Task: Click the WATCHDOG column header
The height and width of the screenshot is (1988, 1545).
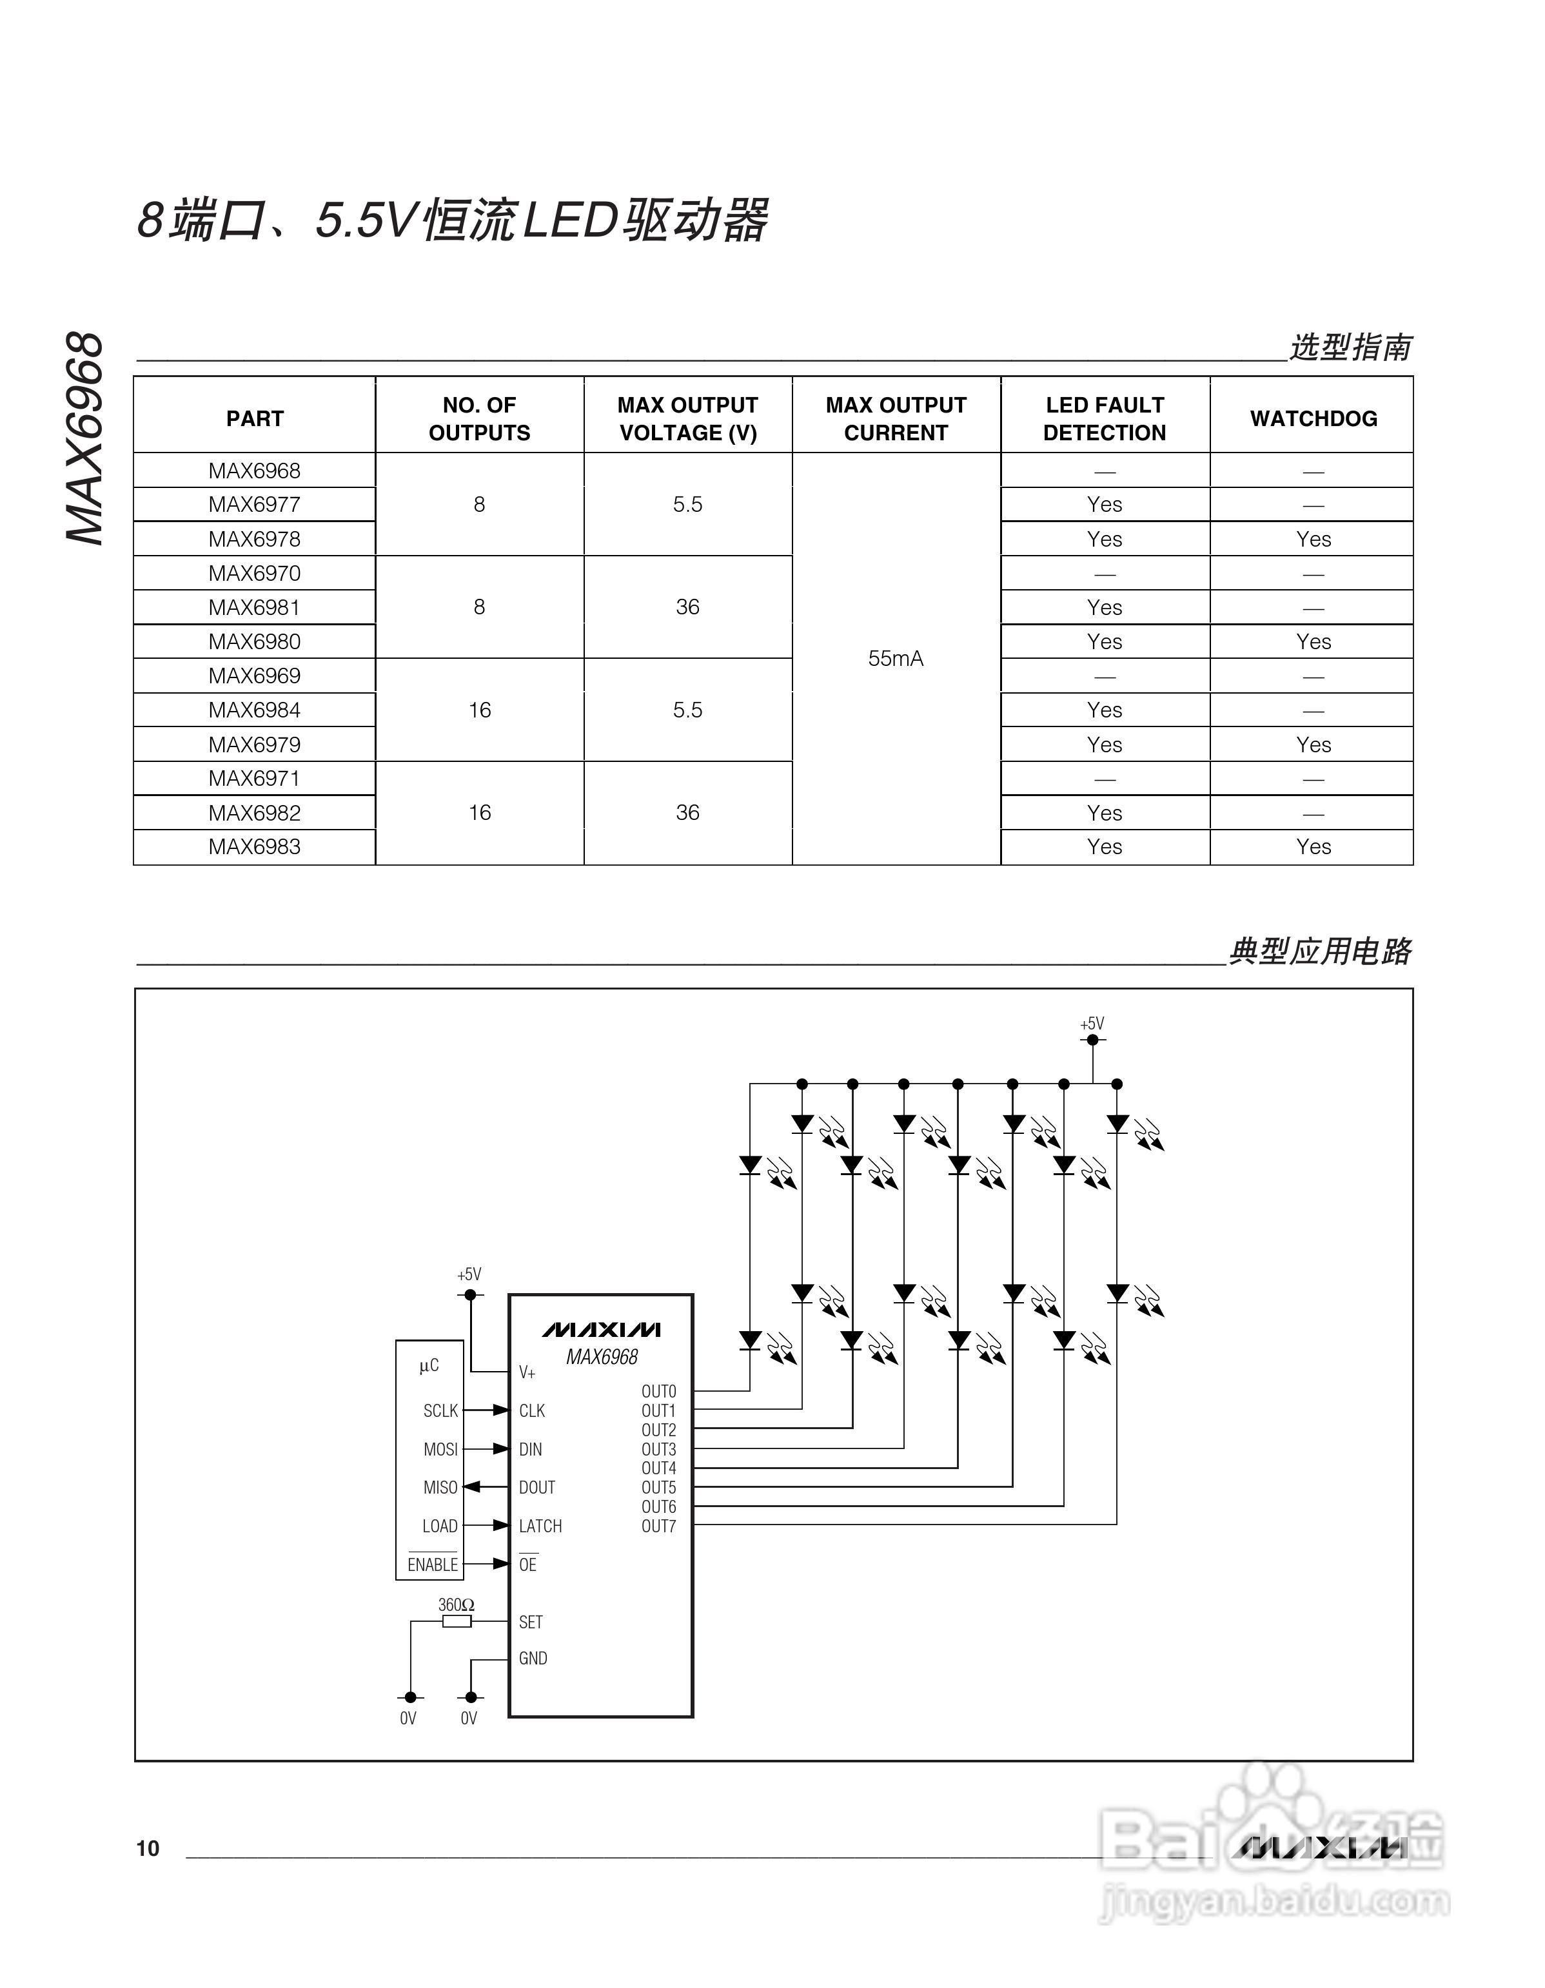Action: (x=1313, y=419)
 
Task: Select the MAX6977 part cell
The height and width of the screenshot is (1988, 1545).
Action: (x=254, y=504)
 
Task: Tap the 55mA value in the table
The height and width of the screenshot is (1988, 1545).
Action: (x=896, y=658)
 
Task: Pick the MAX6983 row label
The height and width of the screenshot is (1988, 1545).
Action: (x=254, y=846)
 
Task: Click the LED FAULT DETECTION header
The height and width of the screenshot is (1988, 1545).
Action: (x=1105, y=419)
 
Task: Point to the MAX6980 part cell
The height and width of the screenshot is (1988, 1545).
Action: (x=254, y=642)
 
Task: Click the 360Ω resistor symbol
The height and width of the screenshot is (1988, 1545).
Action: (x=456, y=1621)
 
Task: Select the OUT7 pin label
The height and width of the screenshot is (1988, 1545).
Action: (x=658, y=1526)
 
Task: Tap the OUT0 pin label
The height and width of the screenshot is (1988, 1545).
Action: (x=658, y=1391)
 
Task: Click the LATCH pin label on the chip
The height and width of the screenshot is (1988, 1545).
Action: (x=540, y=1526)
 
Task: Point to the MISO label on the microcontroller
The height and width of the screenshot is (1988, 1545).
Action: (x=440, y=1487)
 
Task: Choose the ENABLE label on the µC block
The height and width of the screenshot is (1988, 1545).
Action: (x=433, y=1564)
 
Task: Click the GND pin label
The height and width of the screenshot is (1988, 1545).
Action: (x=533, y=1659)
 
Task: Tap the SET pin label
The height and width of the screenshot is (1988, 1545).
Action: (x=531, y=1622)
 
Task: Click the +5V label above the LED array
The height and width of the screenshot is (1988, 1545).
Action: (x=1092, y=1024)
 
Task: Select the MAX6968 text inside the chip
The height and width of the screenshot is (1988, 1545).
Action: (x=602, y=1357)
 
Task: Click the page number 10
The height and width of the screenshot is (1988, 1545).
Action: (x=148, y=1849)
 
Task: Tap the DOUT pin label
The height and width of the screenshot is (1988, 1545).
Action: (x=536, y=1487)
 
